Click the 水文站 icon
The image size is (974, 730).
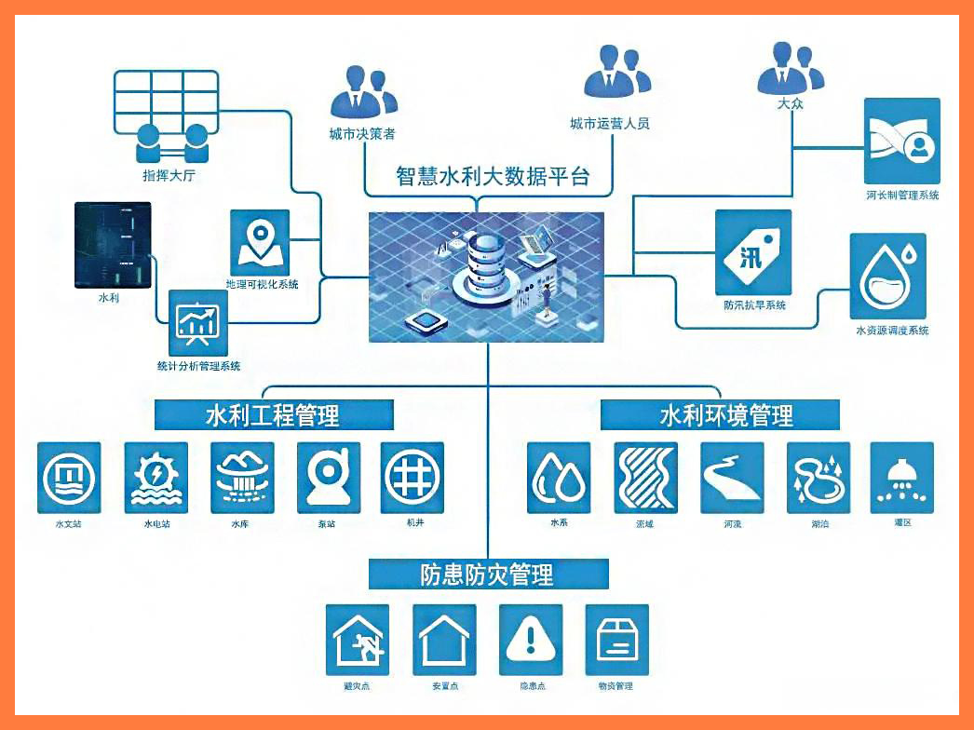[x=69, y=477]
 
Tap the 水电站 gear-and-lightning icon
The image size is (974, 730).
[x=156, y=477]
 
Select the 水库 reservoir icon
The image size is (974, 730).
[x=241, y=477]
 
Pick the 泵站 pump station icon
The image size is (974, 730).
[x=329, y=477]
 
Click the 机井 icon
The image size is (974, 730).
[x=413, y=477]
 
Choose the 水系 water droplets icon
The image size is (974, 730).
[x=559, y=477]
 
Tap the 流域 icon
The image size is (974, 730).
[x=645, y=477]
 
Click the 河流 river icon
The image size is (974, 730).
[x=732, y=477]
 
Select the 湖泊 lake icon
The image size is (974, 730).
[x=818, y=477]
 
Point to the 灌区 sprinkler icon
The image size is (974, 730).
[x=901, y=477]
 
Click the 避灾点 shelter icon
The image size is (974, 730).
[x=358, y=640]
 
